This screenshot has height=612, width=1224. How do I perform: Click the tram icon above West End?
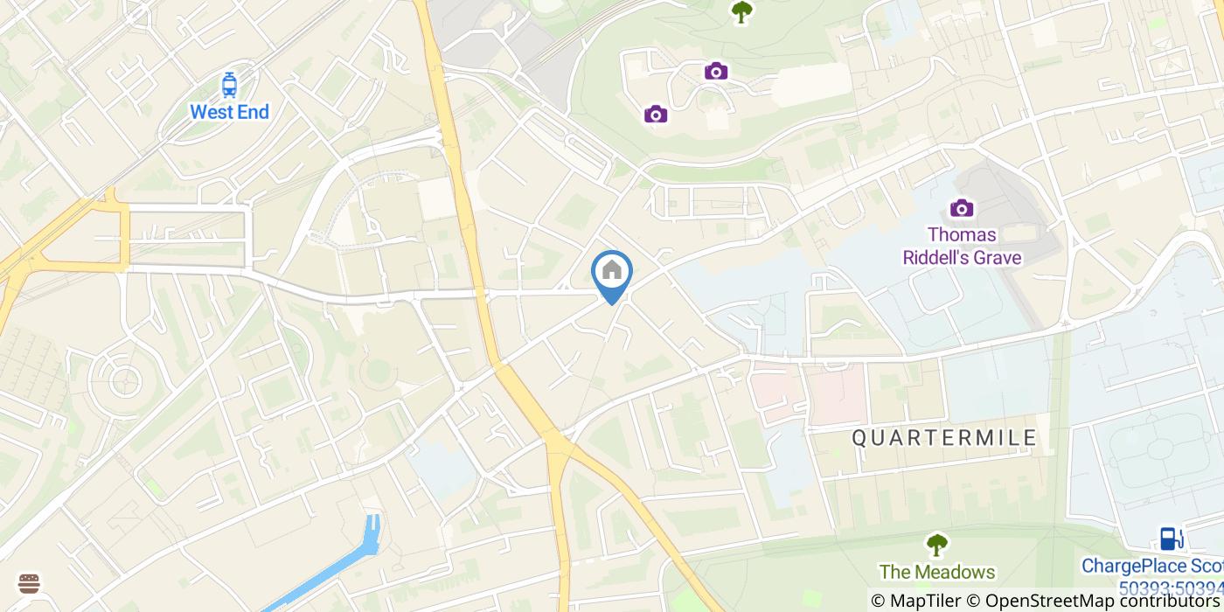tap(229, 85)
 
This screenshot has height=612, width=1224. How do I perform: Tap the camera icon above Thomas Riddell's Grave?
tap(962, 208)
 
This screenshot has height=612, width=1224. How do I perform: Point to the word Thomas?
tap(962, 235)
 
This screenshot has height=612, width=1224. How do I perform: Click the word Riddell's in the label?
tap(939, 257)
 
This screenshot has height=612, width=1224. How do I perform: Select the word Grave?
tap(1000, 257)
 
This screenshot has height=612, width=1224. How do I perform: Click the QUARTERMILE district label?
tap(944, 438)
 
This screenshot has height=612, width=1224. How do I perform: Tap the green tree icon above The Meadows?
tap(937, 546)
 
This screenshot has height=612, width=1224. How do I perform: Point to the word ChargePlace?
tap(1137, 567)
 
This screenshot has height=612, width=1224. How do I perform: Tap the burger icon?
tap(29, 583)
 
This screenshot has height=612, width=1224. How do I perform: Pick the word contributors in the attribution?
tap(1167, 601)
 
